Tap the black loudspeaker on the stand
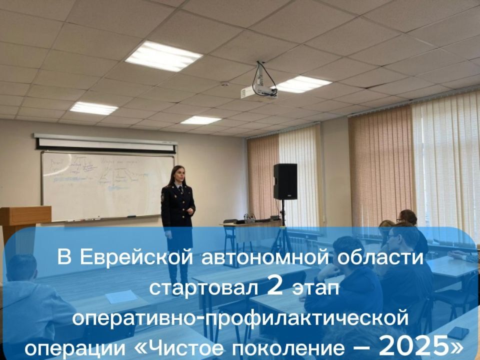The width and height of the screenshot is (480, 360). [285, 181]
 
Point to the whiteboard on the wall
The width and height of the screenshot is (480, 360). [107, 185]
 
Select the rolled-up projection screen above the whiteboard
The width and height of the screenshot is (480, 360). [105, 142]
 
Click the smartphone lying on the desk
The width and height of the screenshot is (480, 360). [457, 332]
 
